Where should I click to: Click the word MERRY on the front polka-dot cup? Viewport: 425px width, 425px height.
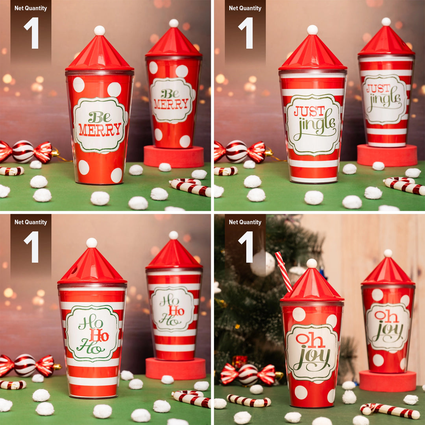(100, 129)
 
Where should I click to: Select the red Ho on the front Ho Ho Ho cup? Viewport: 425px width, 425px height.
(98, 335)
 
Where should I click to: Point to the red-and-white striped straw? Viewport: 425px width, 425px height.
(283, 271)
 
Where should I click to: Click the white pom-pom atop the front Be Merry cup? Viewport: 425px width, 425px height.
(100, 30)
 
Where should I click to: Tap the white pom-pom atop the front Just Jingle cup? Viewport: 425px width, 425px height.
(312, 30)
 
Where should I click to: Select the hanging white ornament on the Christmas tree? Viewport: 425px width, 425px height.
(262, 263)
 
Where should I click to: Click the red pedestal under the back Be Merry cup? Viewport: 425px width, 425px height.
(174, 156)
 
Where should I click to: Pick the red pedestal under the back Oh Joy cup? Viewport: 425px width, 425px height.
(388, 381)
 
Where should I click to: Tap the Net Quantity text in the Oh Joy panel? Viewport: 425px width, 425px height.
(245, 222)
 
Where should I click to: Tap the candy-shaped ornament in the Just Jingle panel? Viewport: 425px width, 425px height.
(240, 152)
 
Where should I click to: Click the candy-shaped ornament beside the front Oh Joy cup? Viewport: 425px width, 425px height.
(248, 374)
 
